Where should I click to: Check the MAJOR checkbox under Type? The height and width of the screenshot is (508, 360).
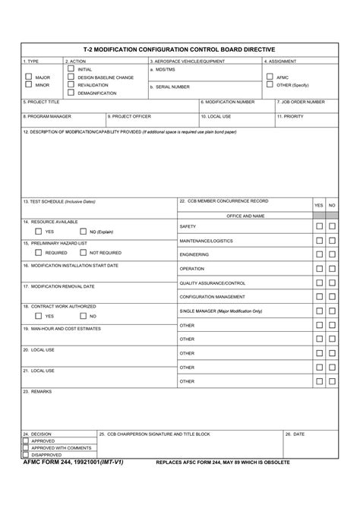(x=28, y=77)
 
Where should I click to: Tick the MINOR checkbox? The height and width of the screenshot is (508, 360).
(x=28, y=85)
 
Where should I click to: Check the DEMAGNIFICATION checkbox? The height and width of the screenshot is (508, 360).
(x=71, y=93)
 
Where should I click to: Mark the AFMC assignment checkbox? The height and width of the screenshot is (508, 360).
(x=270, y=77)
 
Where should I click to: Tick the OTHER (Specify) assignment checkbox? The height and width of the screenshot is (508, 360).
(x=270, y=85)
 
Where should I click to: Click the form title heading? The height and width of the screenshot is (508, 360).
(x=179, y=49)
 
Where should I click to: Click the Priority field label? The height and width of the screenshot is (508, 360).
(x=292, y=116)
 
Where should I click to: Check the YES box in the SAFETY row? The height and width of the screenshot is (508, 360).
(x=319, y=226)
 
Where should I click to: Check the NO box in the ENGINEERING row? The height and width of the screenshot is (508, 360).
(x=332, y=254)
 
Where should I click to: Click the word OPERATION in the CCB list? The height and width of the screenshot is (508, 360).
(x=191, y=269)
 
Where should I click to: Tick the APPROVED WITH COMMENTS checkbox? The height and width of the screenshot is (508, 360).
(x=26, y=448)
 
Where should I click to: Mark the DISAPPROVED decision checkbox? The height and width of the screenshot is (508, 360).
(x=26, y=455)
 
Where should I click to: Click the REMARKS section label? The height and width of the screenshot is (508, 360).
(x=38, y=392)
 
